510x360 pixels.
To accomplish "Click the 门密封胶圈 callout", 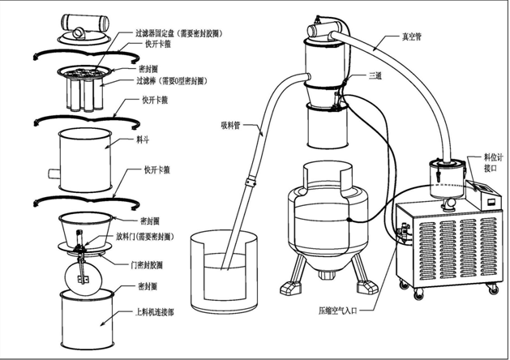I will click(x=151, y=264).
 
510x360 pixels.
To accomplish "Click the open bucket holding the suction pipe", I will click(x=221, y=267).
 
